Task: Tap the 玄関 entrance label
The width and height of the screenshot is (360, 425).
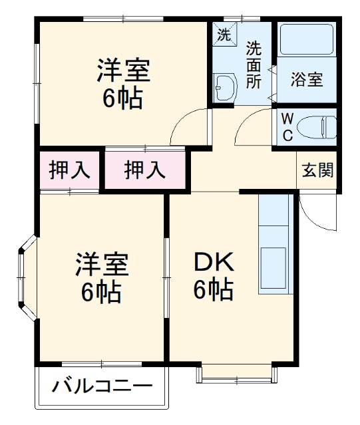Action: point(318,170)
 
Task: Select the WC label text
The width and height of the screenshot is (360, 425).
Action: point(286,127)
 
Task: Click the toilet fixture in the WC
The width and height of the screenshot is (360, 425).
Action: point(319,126)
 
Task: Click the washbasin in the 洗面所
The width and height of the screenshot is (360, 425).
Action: point(224,86)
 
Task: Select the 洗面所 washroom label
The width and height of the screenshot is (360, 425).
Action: point(254,65)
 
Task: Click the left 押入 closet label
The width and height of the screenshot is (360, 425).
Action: point(69,170)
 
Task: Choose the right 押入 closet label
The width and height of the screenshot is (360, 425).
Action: point(144,170)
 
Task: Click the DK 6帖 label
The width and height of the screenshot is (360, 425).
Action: point(213,276)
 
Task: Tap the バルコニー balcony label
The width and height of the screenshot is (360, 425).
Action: point(103,386)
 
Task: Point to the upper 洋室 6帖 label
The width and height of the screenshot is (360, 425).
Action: point(123,84)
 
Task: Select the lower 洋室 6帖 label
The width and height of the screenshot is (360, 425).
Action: point(100,277)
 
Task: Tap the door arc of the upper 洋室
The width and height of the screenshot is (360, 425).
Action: point(186,128)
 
